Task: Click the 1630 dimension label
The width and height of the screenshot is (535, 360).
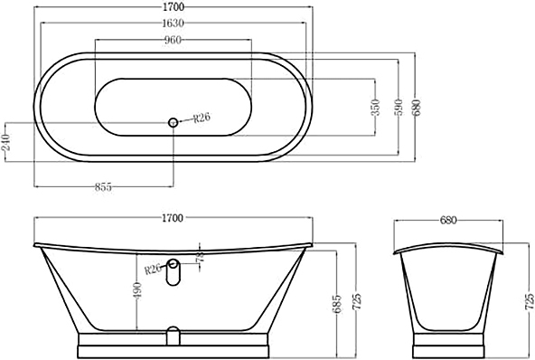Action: click(x=173, y=24)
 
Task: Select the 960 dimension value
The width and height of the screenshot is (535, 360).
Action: click(x=173, y=40)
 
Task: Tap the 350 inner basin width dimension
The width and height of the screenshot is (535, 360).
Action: click(x=375, y=108)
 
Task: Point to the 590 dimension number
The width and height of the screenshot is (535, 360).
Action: click(x=399, y=108)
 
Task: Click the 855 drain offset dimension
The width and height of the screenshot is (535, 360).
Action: click(x=103, y=187)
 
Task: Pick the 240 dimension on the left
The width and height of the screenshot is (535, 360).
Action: click(x=6, y=142)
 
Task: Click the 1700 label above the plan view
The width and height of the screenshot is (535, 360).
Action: click(x=173, y=6)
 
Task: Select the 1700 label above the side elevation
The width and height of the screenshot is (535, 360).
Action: click(x=173, y=218)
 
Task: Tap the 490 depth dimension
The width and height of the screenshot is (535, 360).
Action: click(x=137, y=291)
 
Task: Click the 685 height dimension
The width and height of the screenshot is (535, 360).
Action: click(x=336, y=304)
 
